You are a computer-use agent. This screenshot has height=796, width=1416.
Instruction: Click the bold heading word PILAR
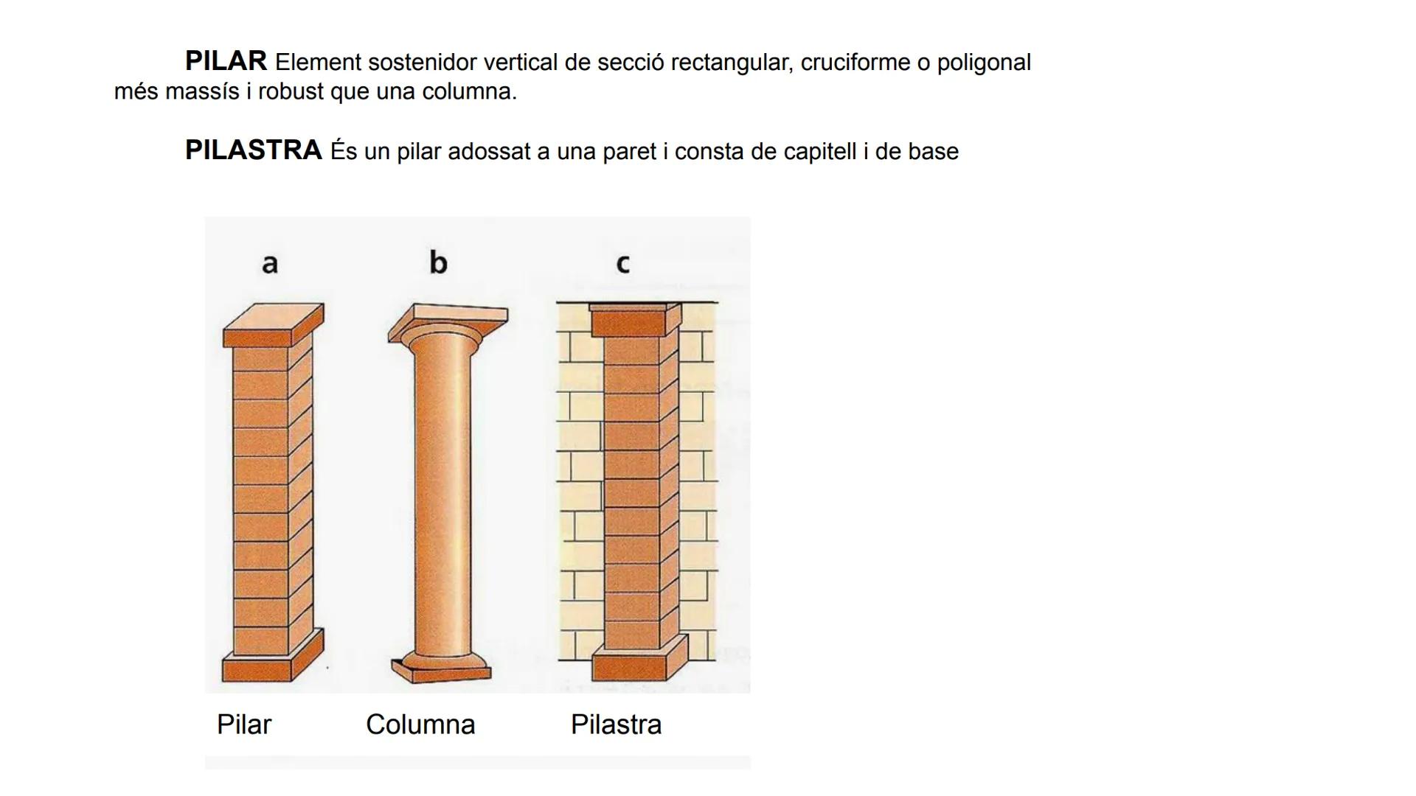coord(226,61)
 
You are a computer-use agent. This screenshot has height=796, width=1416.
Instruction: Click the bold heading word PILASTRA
coord(254,150)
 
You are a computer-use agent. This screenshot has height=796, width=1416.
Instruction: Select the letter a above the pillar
coord(270,263)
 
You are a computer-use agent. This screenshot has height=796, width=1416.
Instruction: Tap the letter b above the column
coord(438,262)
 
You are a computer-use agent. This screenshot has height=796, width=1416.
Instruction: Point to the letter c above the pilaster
coord(622,264)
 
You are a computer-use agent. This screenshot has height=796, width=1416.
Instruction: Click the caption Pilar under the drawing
coord(244,725)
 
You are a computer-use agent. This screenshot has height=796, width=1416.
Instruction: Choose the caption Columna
coord(420,725)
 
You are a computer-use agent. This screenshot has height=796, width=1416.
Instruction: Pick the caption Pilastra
coord(616,725)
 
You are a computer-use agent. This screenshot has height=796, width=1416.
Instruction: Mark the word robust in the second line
coord(291,92)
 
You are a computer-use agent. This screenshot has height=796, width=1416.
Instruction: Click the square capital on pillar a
coord(274,325)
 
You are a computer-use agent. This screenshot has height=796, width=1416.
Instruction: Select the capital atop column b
coord(448,324)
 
